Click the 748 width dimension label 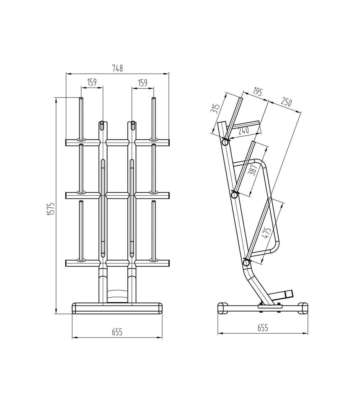coord(118,68)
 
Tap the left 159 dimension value coord(92,82)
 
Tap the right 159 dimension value coord(142,83)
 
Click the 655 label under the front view coord(117,332)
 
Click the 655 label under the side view coord(263,328)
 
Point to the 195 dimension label coord(258,91)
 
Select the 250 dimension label coord(286,102)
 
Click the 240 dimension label coord(244,131)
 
